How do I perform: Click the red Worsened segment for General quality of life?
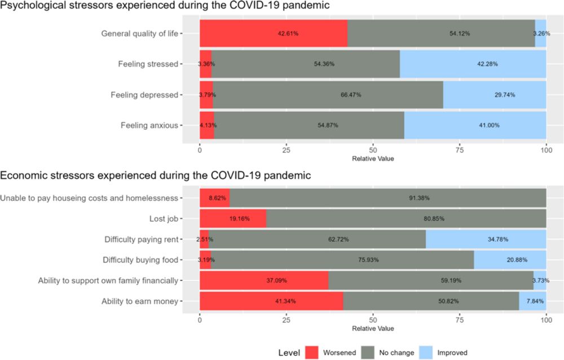coord(274,33)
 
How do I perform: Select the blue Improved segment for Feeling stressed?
coord(473,64)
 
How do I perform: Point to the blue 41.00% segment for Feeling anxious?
coord(475,125)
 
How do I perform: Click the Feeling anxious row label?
coord(149,125)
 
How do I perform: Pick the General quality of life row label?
coord(139,33)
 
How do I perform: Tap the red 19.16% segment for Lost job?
coord(232,218)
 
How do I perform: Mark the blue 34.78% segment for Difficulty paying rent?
coord(486,239)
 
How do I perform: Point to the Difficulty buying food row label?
coord(140,260)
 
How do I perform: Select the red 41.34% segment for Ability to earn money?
coord(271,301)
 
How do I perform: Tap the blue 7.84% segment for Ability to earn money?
coord(532,301)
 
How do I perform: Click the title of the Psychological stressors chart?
coord(165,6)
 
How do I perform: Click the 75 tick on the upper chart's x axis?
coord(460,151)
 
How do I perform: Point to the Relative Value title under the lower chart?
coord(373,328)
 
